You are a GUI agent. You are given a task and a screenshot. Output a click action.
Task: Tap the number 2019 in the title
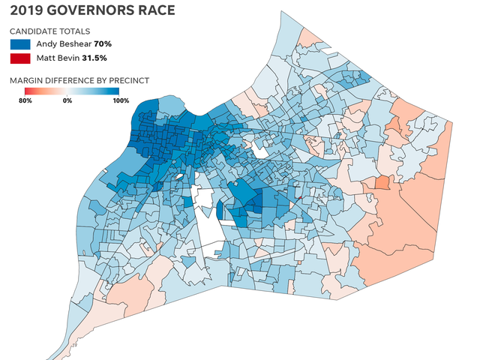point(24,11)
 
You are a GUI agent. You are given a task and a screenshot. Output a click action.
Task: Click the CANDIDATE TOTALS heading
point(50,31)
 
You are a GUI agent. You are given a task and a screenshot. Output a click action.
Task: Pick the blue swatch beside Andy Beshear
point(20,44)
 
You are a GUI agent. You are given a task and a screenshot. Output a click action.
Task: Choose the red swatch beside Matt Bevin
point(20,59)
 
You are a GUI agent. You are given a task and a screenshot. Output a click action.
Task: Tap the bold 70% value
point(103,44)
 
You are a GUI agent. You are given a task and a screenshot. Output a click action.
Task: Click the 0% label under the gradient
point(67,100)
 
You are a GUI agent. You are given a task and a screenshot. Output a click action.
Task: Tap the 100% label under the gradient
point(111,100)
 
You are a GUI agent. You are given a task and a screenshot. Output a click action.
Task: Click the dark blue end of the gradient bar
point(115,91)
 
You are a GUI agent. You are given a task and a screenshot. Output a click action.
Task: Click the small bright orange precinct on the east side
point(382,182)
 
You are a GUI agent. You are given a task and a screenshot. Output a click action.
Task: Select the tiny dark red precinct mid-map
point(298,198)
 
